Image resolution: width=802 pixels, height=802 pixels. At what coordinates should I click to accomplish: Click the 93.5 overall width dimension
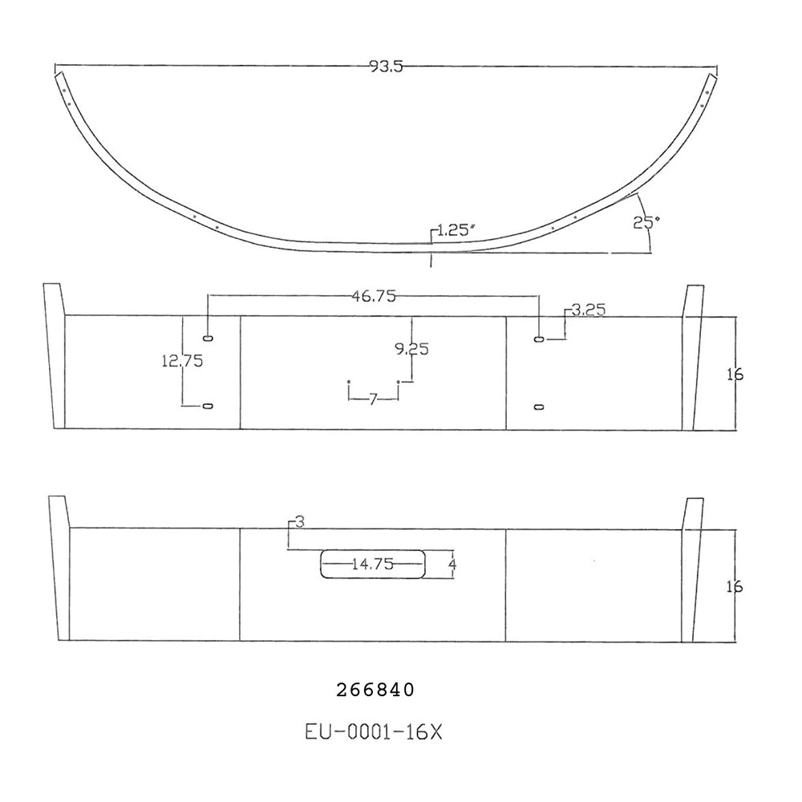(x=385, y=67)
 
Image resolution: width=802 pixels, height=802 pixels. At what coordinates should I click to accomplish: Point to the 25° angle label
(x=643, y=223)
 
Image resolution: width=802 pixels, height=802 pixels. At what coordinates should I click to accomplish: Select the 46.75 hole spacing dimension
(x=374, y=296)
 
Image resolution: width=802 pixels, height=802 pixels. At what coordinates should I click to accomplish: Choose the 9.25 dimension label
(x=411, y=348)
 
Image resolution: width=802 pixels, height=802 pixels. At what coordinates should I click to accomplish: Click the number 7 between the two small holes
(x=373, y=399)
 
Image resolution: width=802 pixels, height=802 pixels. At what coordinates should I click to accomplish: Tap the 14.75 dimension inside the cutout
(x=372, y=564)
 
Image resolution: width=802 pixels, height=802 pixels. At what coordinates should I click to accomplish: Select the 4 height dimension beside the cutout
(x=453, y=564)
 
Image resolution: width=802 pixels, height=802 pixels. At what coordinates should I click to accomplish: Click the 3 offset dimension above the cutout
(x=299, y=522)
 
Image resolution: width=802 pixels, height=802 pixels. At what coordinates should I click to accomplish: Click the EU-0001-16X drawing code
(x=374, y=731)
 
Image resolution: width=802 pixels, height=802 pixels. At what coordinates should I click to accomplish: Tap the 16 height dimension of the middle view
(x=735, y=373)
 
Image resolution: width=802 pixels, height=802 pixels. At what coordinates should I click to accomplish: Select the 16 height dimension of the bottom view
(x=735, y=585)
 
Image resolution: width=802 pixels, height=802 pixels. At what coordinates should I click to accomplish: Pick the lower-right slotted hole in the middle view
(x=539, y=407)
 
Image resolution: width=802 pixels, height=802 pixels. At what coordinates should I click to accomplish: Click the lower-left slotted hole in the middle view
(x=209, y=407)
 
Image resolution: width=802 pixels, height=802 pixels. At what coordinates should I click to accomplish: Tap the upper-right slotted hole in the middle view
(x=539, y=339)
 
